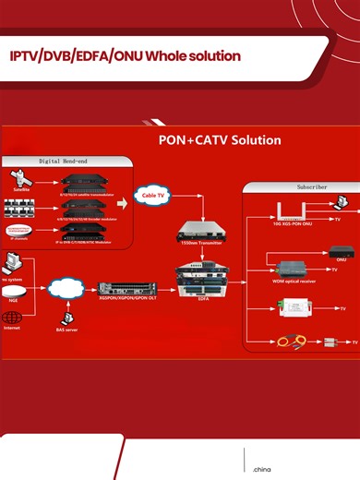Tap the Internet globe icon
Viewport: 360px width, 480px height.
point(12,316)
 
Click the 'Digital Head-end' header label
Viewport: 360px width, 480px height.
point(62,161)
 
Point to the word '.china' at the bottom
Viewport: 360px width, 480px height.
point(261,470)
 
